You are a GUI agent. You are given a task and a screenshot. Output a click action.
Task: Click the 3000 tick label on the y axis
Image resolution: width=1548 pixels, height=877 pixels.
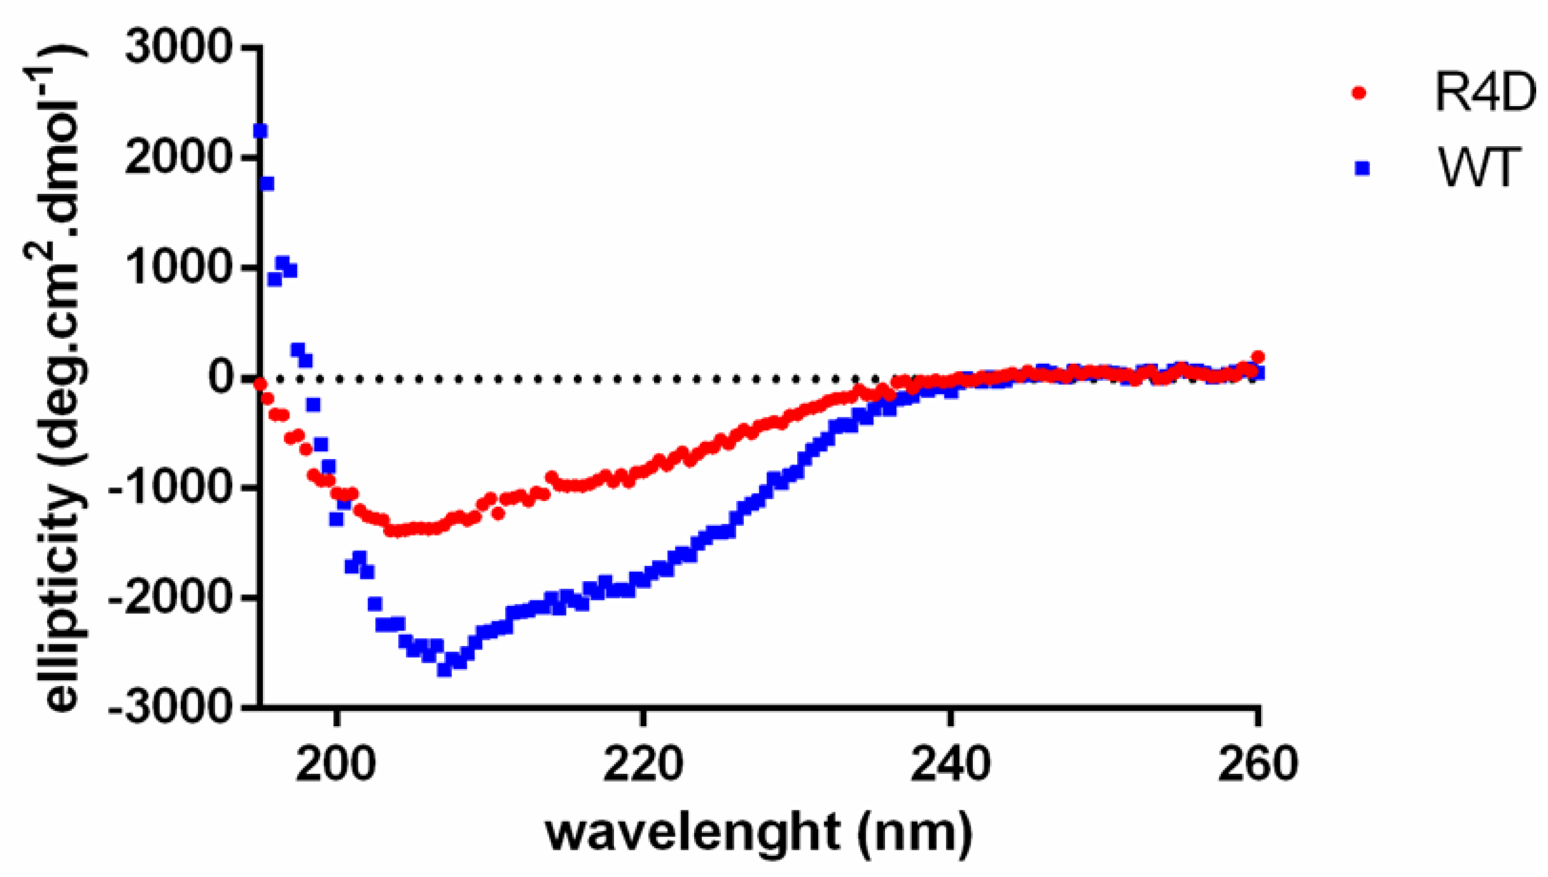[178, 47]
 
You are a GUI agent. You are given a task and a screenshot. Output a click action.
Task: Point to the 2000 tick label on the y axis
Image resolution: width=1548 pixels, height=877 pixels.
[178, 157]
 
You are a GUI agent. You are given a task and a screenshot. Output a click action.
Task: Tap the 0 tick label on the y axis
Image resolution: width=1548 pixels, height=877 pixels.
[222, 378]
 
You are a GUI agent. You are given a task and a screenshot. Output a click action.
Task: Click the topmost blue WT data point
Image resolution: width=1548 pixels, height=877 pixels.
[260, 131]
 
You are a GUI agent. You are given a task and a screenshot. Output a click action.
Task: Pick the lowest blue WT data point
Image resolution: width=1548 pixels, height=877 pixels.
[444, 670]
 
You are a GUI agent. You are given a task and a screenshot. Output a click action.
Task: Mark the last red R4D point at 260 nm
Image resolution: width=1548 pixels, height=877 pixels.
[1257, 357]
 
